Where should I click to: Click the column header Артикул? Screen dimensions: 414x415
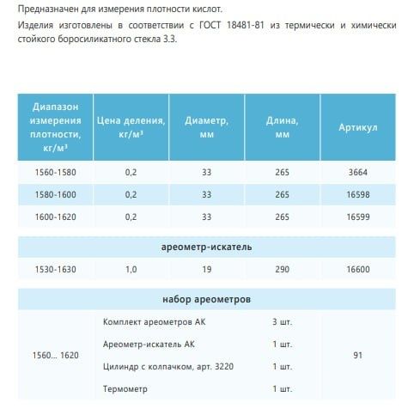tap(358, 128)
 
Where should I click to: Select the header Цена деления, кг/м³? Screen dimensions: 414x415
tap(131, 128)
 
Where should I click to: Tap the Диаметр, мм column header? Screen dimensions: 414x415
tap(206, 128)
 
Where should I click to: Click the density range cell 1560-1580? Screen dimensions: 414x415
tap(55, 172)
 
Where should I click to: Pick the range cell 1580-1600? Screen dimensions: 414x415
tap(55, 195)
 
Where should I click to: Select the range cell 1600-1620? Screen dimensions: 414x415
tap(55, 217)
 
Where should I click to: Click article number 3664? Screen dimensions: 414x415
tap(358, 172)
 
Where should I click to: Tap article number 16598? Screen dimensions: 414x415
tap(358, 195)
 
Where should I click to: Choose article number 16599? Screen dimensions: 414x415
tap(358, 217)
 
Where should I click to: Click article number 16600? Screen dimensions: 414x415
tap(358, 269)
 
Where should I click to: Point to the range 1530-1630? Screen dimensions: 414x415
tap(55, 269)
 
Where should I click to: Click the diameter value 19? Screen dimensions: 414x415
tap(206, 269)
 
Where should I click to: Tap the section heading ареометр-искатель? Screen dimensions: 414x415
tap(206, 247)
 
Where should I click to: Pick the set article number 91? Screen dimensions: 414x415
tap(358, 354)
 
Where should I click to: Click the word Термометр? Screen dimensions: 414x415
tap(125, 388)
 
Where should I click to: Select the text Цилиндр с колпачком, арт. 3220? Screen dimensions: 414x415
tap(168, 366)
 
